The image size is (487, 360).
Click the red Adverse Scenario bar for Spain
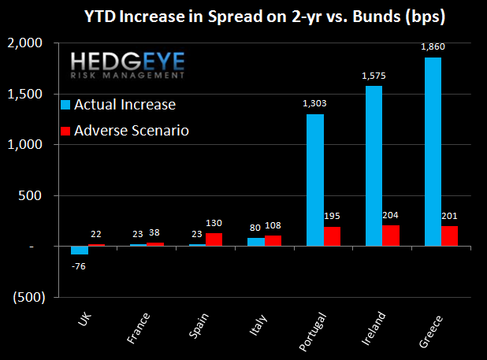click(214, 239)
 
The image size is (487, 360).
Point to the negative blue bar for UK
click(79, 250)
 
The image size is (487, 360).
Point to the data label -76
click(78, 265)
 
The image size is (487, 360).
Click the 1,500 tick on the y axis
click(29, 94)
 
